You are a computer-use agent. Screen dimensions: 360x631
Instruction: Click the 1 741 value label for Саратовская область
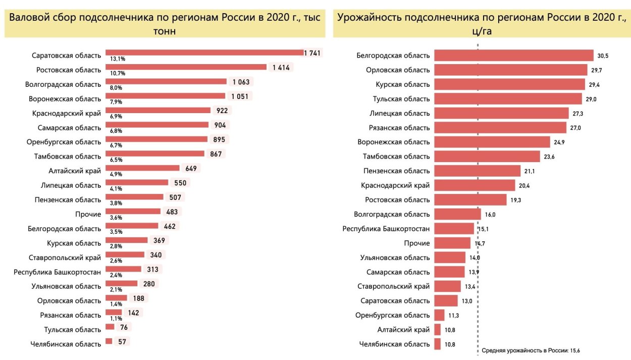coord(312,53)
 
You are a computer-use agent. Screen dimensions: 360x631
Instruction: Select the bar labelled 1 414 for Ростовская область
coord(185,67)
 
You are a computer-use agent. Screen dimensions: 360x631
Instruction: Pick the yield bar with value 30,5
coord(513,56)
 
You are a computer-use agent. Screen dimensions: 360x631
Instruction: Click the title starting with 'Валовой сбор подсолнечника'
coord(164,24)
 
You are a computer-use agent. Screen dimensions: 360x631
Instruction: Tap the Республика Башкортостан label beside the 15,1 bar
coord(386,229)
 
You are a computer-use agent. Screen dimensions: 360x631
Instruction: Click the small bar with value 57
coord(109,342)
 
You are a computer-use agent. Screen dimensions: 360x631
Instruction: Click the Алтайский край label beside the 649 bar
coord(75,171)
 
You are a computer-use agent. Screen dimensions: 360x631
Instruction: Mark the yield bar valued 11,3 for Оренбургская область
coord(439,316)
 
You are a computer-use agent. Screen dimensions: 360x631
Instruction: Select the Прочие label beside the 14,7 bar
coord(417,243)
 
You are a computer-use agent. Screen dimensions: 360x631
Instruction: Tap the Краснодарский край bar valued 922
coord(157,111)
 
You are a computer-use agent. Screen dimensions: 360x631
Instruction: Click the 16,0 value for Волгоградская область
coord(490,215)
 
